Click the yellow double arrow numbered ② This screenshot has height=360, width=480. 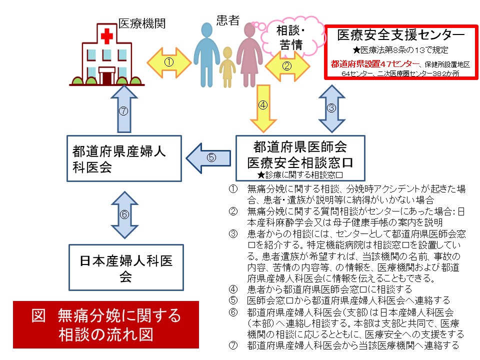(287, 65)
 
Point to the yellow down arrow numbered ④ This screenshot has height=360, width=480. (263, 106)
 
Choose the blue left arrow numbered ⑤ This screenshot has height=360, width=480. (209, 157)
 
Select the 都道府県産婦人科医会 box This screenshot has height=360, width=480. (124, 157)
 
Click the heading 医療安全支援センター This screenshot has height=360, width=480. (400, 34)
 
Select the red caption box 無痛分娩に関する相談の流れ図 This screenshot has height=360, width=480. (106, 324)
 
